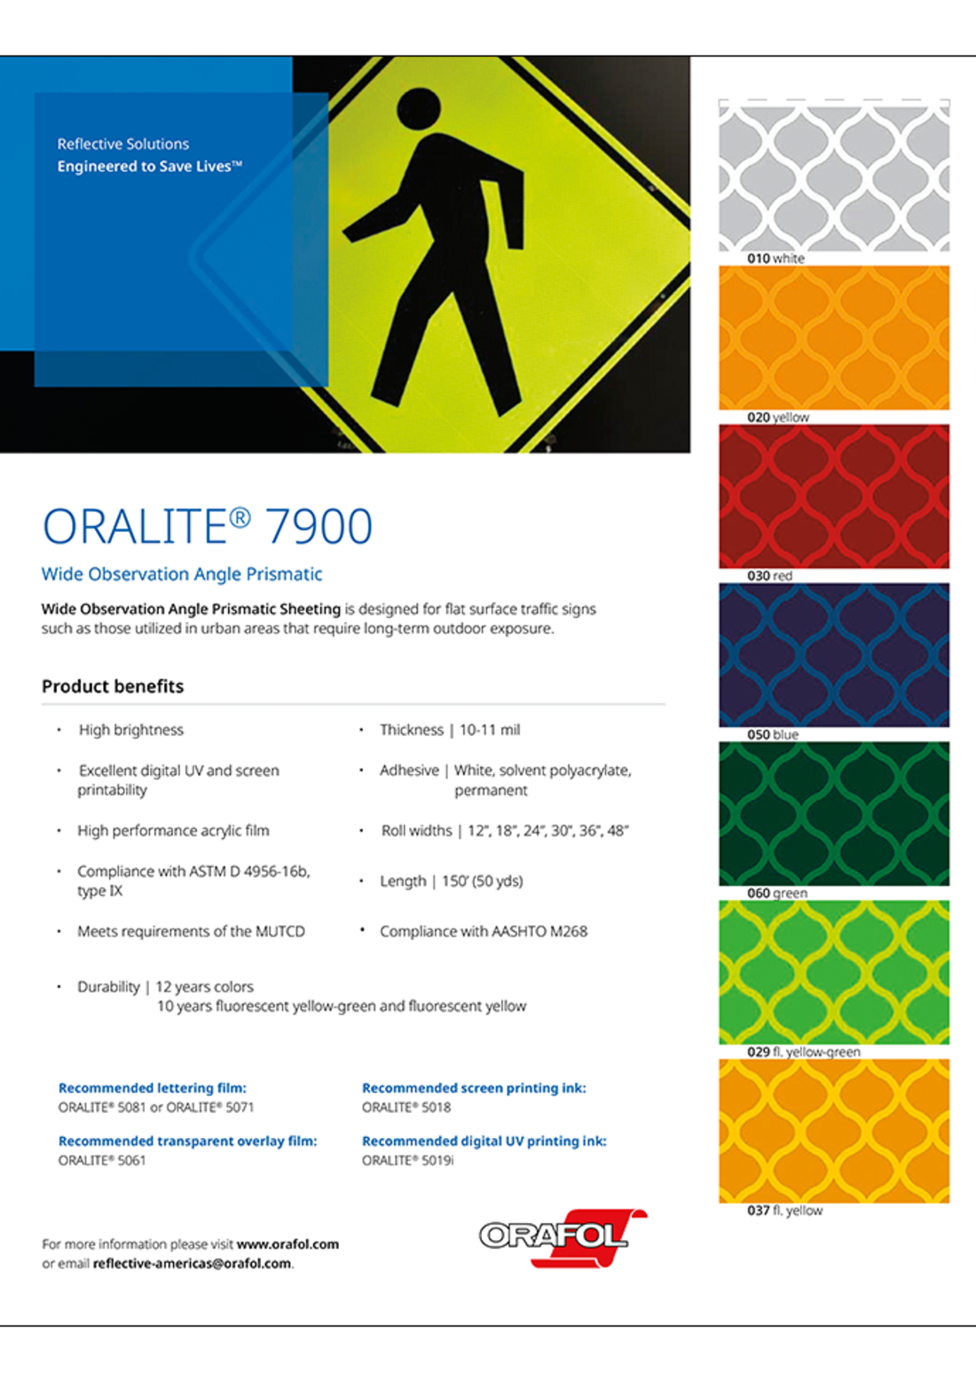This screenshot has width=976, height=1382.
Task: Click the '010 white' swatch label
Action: (x=775, y=258)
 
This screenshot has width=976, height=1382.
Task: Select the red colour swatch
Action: (x=833, y=495)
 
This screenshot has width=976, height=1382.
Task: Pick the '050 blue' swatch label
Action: (x=772, y=735)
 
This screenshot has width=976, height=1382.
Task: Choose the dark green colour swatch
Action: (x=833, y=813)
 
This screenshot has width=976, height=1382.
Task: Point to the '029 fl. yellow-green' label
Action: (x=803, y=1052)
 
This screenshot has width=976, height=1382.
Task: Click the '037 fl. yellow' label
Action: (x=784, y=1211)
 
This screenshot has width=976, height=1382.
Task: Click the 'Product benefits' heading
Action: (x=113, y=686)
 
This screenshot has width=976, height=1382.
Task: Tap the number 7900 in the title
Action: (x=319, y=526)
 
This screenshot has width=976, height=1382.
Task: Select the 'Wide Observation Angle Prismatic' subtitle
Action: (x=182, y=574)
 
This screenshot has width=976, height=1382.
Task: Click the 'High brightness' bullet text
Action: (x=131, y=730)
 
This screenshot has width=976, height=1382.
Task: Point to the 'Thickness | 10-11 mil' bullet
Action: (x=450, y=730)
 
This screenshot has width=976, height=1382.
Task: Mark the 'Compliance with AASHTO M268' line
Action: (x=484, y=931)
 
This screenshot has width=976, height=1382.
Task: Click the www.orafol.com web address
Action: (x=287, y=1244)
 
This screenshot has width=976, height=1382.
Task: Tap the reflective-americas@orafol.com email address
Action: (x=192, y=1263)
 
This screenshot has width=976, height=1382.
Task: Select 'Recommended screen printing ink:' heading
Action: (x=474, y=1088)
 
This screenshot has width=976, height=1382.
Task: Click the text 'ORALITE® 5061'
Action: (x=102, y=1160)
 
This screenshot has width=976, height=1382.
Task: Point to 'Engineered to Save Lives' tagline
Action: (x=148, y=166)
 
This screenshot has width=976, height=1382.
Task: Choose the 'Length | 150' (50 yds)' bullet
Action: (x=451, y=881)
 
